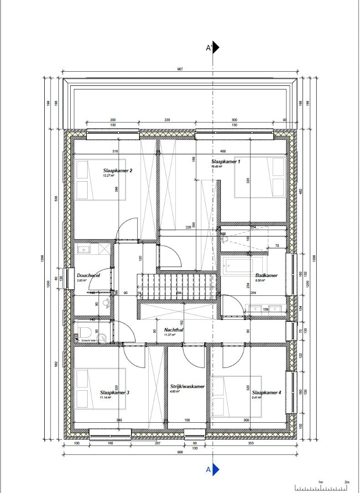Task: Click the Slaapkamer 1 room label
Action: pos(225,162)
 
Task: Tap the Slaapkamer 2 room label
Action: pos(118,171)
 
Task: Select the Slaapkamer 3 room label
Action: pos(115,393)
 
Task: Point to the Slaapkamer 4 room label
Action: pos(266,393)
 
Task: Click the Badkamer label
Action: pos(266,276)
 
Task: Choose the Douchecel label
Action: pos(89,276)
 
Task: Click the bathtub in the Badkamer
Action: pos(242,266)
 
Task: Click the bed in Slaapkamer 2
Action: pos(95,179)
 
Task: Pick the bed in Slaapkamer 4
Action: pos(236,396)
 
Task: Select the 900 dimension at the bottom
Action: pos(180,452)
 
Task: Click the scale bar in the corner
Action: pos(321,487)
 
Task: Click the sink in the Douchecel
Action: pos(84,250)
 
